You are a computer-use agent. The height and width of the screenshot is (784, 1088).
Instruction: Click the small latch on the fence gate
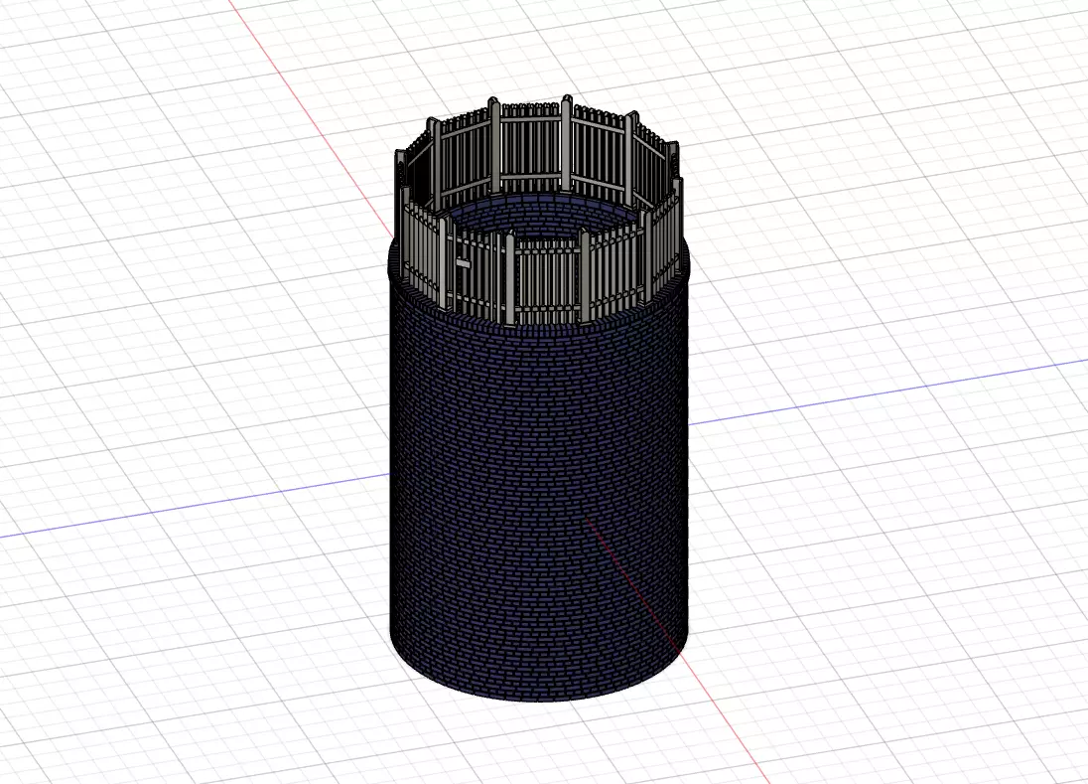click(x=463, y=263)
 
